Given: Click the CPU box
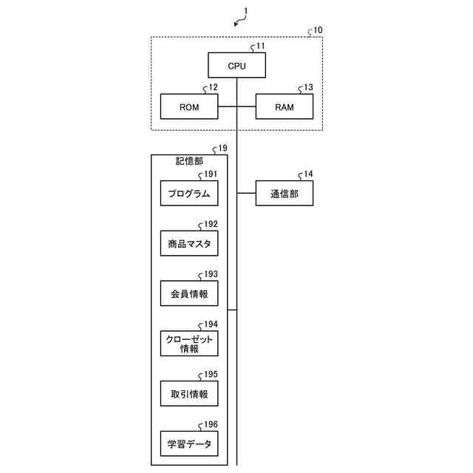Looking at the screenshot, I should point(236,66).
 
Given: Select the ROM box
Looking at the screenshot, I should point(189,107).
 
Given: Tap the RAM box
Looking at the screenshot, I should point(285,107).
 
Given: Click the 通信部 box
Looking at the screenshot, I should point(285,194).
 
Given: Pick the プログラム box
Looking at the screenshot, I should point(189,194).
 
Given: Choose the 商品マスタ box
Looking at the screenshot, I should point(189,242).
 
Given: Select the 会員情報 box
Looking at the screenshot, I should point(189,293).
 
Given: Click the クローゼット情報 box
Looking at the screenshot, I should point(189,344).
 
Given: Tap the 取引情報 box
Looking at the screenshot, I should point(189,394).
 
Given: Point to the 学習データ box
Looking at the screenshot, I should point(189,444).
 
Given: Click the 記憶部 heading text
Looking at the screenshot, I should point(189,160).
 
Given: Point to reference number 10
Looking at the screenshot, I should point(317,30).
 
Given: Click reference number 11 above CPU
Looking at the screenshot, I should point(260,46).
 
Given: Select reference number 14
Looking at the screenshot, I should point(307,174).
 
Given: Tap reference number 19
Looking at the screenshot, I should point(222,149).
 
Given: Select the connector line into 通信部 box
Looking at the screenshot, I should point(246,194).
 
